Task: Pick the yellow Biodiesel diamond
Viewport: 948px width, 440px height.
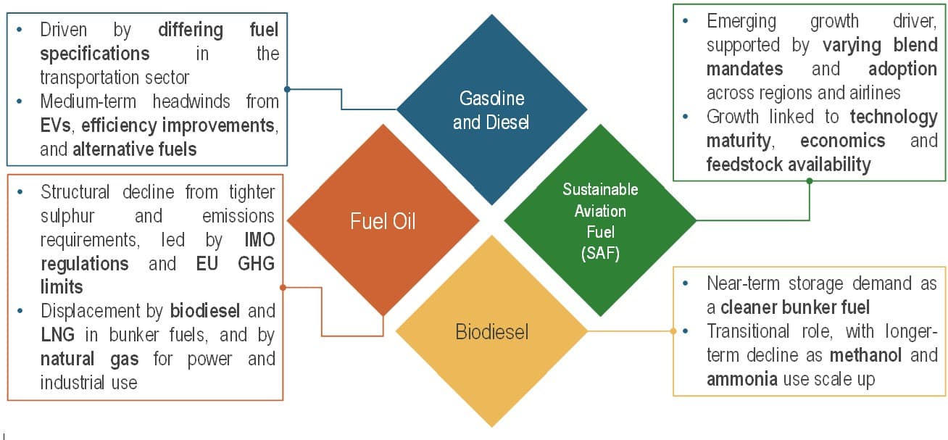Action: tap(491, 332)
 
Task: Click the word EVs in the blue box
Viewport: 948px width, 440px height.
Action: tap(55, 125)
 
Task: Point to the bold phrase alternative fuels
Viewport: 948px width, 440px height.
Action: tap(134, 150)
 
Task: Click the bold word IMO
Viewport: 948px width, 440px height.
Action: tap(259, 240)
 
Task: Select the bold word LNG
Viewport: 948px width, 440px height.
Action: tap(57, 335)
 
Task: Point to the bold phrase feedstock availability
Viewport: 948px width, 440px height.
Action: tap(788, 165)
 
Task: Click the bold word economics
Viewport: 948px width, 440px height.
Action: tap(842, 140)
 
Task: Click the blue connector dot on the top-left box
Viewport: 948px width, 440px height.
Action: tap(288, 90)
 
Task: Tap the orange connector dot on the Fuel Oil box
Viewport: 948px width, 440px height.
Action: tap(283, 288)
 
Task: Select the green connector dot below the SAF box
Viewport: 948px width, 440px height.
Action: tap(810, 181)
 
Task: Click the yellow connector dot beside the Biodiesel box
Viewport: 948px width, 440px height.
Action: tap(674, 331)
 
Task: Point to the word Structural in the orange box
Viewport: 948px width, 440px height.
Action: tap(75, 192)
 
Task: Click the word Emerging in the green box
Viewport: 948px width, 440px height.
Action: tap(741, 21)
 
